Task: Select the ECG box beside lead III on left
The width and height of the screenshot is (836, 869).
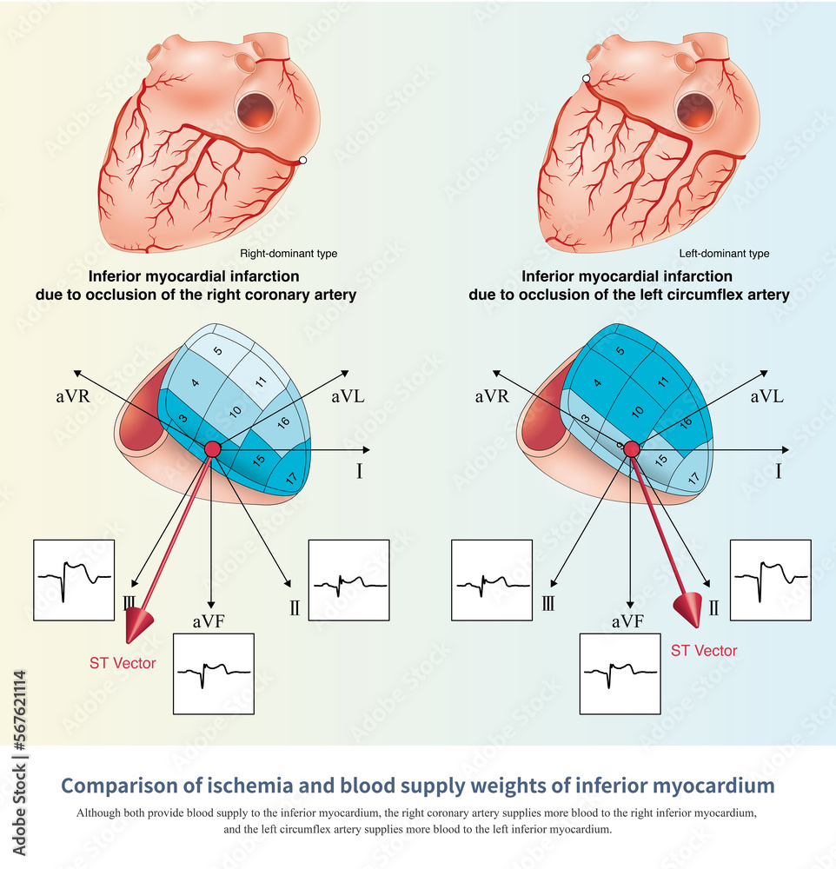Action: pyautogui.click(x=74, y=580)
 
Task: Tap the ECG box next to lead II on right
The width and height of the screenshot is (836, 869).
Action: pyautogui.click(x=771, y=580)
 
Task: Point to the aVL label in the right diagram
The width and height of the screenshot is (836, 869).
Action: pyautogui.click(x=767, y=396)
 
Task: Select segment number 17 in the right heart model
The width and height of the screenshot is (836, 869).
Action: pyautogui.click(x=693, y=478)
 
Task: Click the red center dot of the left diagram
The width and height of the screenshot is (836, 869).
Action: pyautogui.click(x=212, y=448)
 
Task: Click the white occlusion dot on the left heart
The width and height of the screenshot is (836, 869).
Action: pyautogui.click(x=302, y=160)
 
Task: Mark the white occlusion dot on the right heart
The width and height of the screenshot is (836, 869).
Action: pyautogui.click(x=587, y=79)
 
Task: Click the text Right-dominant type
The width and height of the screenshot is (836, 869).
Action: pyautogui.click(x=289, y=254)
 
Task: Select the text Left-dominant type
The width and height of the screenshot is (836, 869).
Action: pyautogui.click(x=724, y=254)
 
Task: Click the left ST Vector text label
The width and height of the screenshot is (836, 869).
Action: pyautogui.click(x=123, y=663)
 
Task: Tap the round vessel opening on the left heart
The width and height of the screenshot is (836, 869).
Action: pyautogui.click(x=255, y=111)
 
